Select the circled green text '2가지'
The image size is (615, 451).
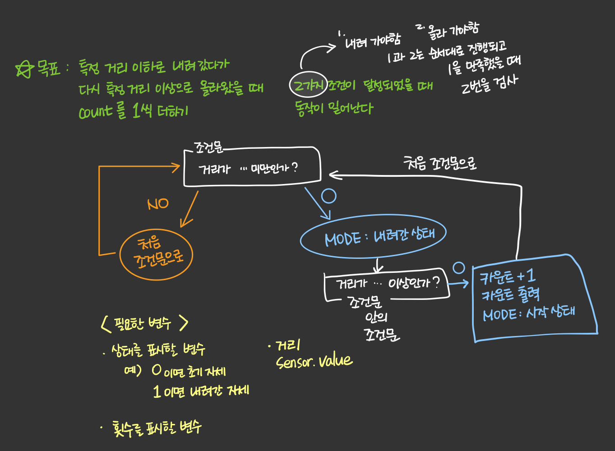tap(308, 85)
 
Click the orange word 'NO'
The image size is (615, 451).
tap(158, 204)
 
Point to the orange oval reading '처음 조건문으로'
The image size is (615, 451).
tap(157, 254)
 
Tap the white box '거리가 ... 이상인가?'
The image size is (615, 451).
tap(387, 284)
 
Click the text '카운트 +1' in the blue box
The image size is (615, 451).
tap(507, 276)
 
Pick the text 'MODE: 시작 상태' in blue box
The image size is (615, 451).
tap(528, 313)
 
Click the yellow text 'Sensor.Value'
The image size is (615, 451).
tap(314, 361)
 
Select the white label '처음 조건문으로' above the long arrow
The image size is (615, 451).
tap(439, 163)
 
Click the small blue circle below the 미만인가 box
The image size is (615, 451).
tap(328, 196)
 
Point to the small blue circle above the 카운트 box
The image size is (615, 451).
tap(459, 268)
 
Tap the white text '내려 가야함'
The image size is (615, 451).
tap(373, 42)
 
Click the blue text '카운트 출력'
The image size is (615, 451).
tap(510, 295)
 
